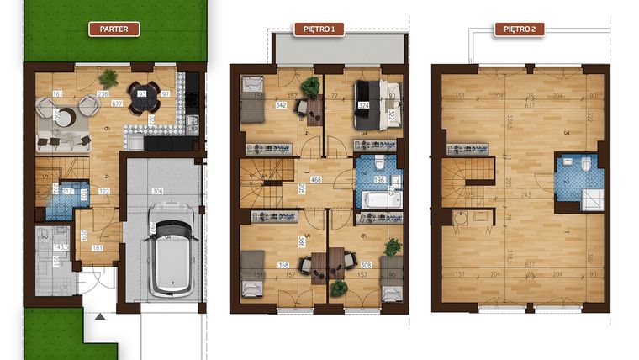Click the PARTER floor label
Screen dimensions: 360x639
(114, 29)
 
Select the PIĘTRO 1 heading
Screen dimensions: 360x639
(319, 29)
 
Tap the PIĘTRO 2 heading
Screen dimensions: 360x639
(520, 29)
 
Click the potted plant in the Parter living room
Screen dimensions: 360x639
(108, 78)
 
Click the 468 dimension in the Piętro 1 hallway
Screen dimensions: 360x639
(316, 179)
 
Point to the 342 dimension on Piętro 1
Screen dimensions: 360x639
(282, 105)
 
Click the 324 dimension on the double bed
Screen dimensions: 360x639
(364, 105)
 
